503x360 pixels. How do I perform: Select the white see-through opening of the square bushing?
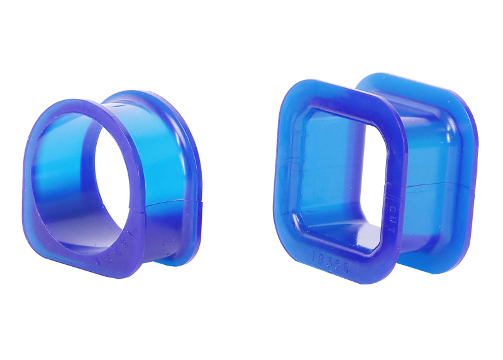tap(375, 183)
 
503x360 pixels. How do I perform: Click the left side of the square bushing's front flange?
tap(284, 176)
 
